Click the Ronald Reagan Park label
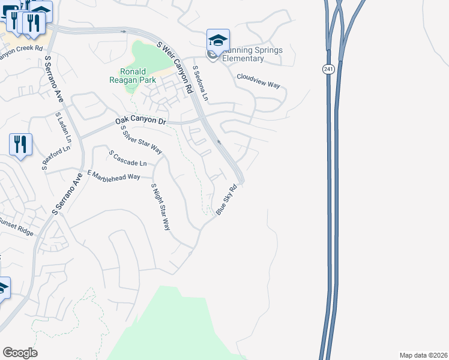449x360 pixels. click(x=133, y=75)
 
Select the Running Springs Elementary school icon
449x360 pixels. click(x=218, y=40)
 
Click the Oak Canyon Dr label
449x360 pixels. click(x=140, y=121)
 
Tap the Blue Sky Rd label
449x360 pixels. click(x=227, y=200)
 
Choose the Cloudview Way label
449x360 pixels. click(x=258, y=80)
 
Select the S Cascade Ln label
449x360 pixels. click(x=128, y=159)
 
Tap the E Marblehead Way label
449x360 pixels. click(x=113, y=175)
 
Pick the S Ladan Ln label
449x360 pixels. click(x=63, y=127)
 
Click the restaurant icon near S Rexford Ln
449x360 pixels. click(x=20, y=144)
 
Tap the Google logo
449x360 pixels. click(x=20, y=353)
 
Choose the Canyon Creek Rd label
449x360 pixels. click(x=22, y=47)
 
